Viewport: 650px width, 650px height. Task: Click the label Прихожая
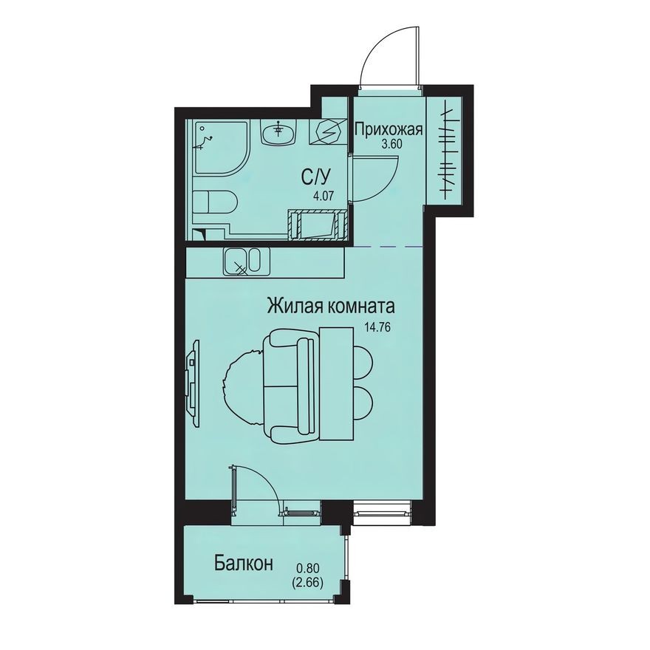388,131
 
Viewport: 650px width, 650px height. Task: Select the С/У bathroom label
310,177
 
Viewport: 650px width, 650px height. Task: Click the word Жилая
293,305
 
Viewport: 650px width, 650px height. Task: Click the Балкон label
244,564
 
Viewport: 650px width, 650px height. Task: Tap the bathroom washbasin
278,133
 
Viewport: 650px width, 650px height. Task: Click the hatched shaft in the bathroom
320,225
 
